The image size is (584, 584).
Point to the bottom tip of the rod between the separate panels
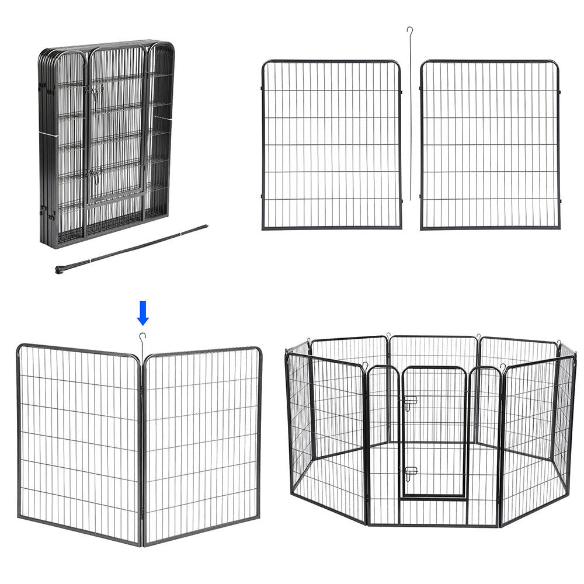coord(411,199)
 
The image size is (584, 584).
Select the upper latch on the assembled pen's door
coord(411,401)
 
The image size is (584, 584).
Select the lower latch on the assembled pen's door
coord(411,471)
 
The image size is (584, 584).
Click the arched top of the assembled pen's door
coord(433,368)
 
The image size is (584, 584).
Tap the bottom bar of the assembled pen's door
coord(433,498)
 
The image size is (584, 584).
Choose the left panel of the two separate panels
coord(331,144)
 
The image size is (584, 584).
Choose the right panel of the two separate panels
coord(490,144)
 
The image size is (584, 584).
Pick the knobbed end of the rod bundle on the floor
coord(60,269)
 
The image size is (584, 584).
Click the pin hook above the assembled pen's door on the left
coord(365,366)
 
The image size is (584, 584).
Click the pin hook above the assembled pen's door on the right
coord(501,367)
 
